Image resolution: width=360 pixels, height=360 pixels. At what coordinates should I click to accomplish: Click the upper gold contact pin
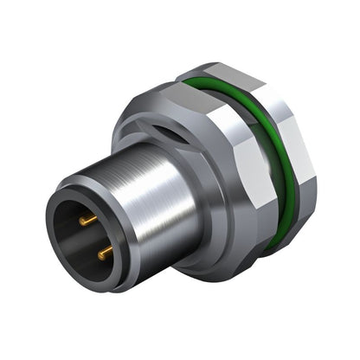coord(88,221)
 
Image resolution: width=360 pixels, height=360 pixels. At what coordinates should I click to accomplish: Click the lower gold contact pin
coord(105,252)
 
